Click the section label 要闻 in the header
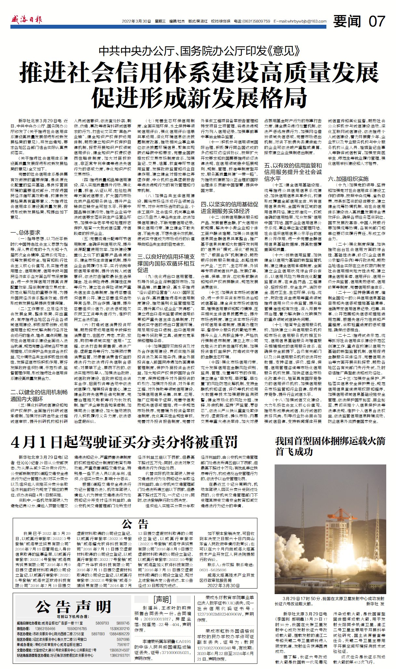[x=347, y=21]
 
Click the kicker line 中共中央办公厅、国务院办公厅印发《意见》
[x=199, y=51]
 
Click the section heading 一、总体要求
[x=26, y=233]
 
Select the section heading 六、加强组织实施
[x=348, y=178]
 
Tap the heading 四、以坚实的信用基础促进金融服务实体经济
[x=229, y=207]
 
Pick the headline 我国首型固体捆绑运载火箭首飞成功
[x=330, y=446]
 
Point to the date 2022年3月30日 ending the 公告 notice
[x=223, y=586]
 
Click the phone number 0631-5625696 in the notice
[x=213, y=570]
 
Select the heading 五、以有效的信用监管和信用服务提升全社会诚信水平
[x=293, y=172]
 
